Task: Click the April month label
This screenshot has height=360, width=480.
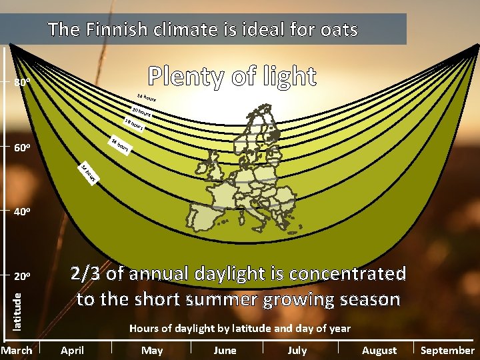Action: [72, 351]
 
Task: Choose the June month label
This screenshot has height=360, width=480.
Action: [225, 351]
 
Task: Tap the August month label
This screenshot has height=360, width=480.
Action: [379, 351]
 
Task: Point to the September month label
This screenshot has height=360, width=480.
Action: [447, 351]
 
